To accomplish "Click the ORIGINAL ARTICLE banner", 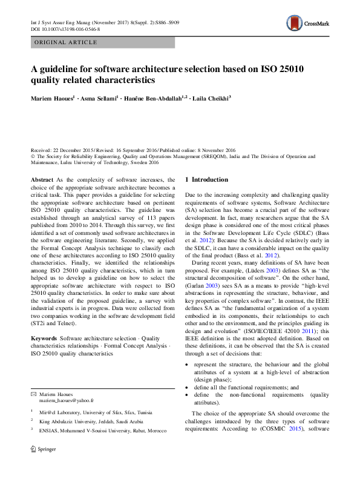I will click(67, 42).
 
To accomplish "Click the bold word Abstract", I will click(42, 180).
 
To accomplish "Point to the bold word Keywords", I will click(44, 337).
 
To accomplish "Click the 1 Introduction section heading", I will click(206, 180).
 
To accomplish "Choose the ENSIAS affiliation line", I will click(100, 430).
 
